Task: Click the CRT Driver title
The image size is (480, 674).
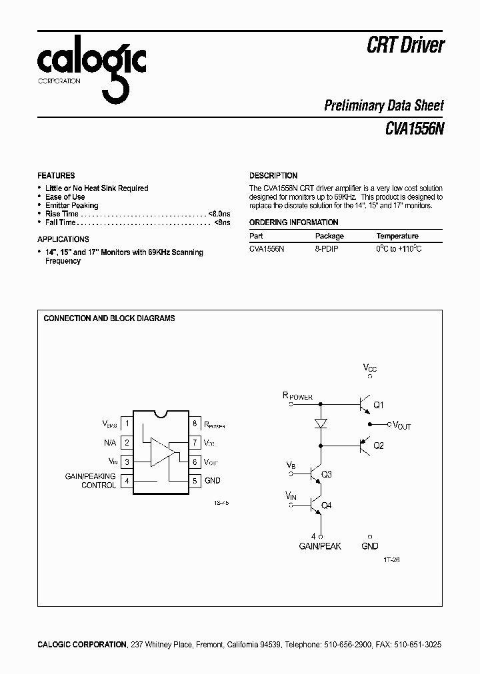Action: coord(405,45)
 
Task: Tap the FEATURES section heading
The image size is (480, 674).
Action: coord(56,176)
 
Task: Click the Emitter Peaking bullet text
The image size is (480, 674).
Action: coord(71,205)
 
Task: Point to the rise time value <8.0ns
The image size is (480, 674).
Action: coord(219,214)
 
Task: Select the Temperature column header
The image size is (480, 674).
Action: coord(397,236)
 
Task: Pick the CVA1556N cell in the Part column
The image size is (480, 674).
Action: coord(267,248)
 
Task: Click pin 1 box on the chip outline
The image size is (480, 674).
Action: coord(127,423)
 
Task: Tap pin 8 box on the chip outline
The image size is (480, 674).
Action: coord(195,423)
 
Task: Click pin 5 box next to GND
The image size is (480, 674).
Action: coord(195,480)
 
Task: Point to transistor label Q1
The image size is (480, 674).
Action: coord(379,405)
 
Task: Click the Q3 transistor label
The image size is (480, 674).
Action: coord(327,475)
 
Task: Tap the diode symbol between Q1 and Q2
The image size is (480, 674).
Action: coord(321,424)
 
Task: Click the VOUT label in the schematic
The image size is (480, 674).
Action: coord(401,425)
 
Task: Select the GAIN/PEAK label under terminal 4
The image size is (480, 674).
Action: coord(321,546)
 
